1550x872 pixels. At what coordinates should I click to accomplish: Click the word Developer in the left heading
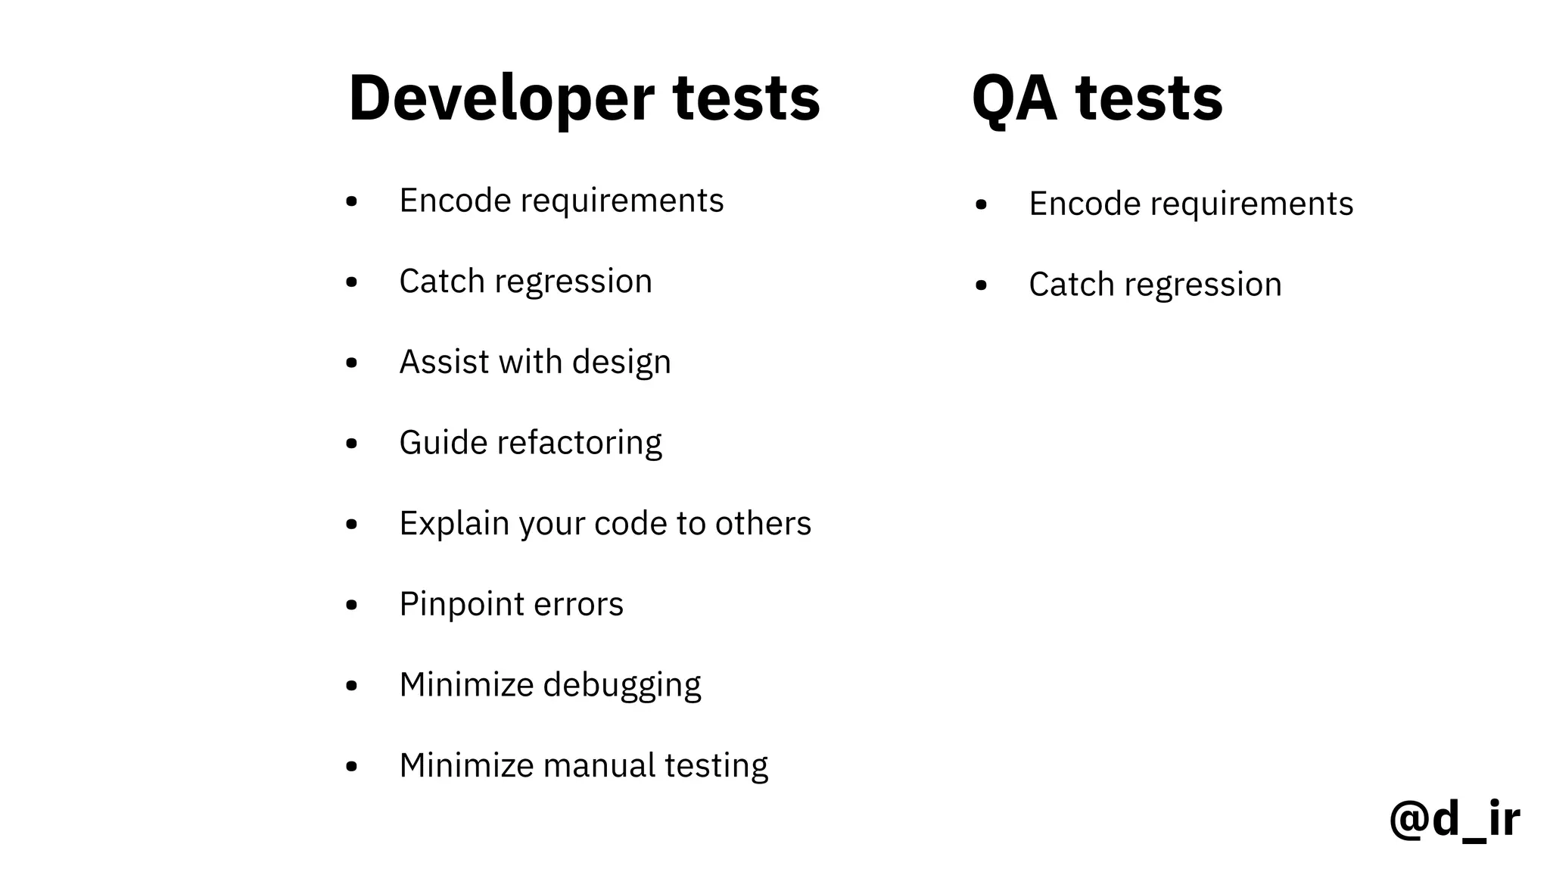(x=501, y=98)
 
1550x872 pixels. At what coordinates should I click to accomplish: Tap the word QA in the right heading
(x=1014, y=98)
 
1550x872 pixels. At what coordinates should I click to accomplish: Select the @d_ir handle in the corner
(x=1454, y=819)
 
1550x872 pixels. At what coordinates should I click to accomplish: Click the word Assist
(x=444, y=362)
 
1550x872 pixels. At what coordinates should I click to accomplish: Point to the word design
(x=621, y=363)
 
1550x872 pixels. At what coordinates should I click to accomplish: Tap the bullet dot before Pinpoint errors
(x=351, y=605)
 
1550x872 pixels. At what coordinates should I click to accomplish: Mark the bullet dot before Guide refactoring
(x=351, y=444)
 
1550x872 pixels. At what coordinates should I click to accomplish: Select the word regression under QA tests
(x=1203, y=285)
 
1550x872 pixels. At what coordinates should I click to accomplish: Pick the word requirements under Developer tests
(x=621, y=201)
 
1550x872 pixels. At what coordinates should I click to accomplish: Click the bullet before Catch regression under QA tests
(x=982, y=285)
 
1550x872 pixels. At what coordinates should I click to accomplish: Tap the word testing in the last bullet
(x=716, y=766)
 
